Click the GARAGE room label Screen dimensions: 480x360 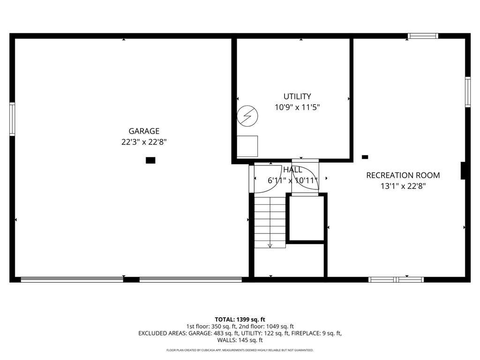(x=144, y=131)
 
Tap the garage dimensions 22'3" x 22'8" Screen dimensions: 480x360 (x=144, y=142)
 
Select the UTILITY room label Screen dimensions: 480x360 (x=297, y=97)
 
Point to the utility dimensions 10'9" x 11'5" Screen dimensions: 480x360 (x=297, y=107)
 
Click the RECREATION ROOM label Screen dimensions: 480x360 (x=403, y=175)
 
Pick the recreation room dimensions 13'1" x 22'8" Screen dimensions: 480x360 (x=403, y=186)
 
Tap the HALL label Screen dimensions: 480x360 (x=292, y=170)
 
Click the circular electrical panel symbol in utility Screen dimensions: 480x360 (x=247, y=116)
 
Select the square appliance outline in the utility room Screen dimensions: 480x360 (x=247, y=146)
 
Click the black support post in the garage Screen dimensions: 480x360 (x=150, y=160)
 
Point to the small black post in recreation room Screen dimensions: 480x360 (x=365, y=157)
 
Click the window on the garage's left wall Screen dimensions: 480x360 (x=12, y=119)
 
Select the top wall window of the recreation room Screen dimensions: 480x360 (x=423, y=36)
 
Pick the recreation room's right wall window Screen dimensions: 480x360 (x=468, y=92)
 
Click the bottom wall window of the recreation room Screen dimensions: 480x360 (x=396, y=279)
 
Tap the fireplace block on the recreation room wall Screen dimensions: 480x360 (x=463, y=171)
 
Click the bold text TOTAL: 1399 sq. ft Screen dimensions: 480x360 (x=240, y=320)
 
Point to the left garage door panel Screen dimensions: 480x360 (x=72, y=279)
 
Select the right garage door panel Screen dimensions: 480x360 (x=191, y=279)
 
